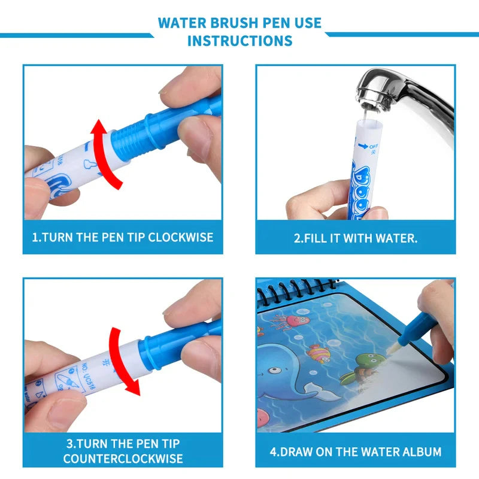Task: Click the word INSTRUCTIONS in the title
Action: coord(239,41)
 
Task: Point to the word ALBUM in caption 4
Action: coord(420,451)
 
